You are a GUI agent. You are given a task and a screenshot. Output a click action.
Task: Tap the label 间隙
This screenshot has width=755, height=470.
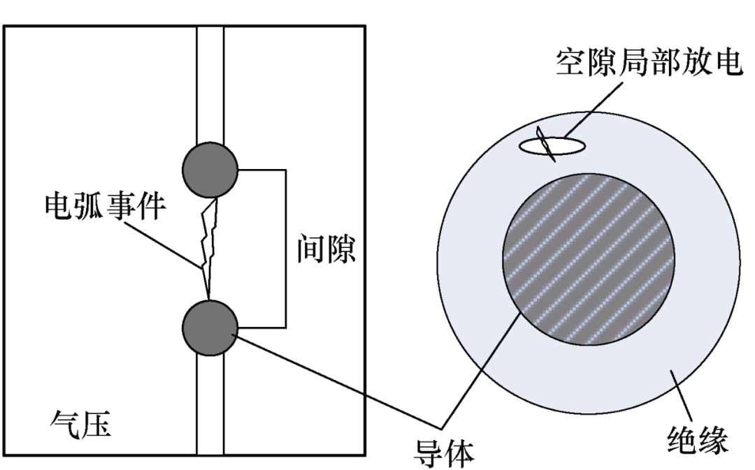point(326,249)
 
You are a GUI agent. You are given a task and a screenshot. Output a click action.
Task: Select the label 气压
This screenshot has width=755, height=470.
point(81,424)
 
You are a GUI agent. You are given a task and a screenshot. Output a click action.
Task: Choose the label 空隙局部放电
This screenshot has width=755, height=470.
point(648,63)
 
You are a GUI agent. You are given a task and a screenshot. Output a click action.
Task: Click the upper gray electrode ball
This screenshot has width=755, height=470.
point(209,170)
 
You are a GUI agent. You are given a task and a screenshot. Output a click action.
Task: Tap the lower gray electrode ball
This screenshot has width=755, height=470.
point(209,327)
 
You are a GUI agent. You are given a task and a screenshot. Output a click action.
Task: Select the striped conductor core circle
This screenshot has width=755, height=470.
point(589,258)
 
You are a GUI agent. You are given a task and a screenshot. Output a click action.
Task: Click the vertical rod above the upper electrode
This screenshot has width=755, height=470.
point(210,84)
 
